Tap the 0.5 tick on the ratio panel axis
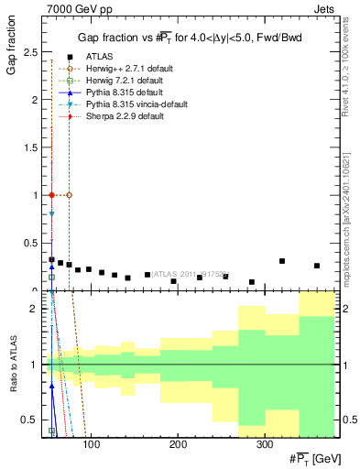tap(32, 420)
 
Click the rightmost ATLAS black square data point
tap(317, 266)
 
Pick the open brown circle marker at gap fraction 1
tap(69, 195)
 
